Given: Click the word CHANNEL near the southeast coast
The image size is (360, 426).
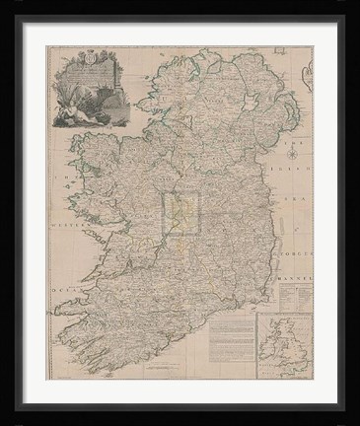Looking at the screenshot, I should pos(293,264).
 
